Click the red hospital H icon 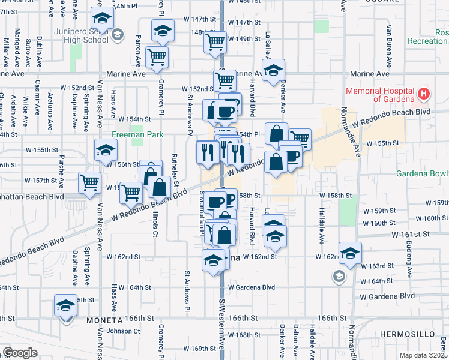coord(424,94)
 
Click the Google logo coord(20,352)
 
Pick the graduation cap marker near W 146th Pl coord(103,19)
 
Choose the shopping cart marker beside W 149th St coord(215,42)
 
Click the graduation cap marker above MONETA coord(65,305)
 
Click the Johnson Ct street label coord(123,331)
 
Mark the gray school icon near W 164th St coord(339,276)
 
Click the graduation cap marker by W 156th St coord(106,150)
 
